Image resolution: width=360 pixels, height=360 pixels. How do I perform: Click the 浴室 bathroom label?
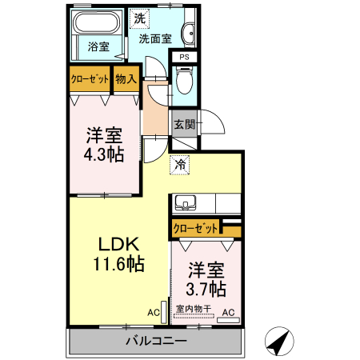click(x=98, y=47)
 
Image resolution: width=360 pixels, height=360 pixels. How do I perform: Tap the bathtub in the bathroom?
click(x=97, y=23)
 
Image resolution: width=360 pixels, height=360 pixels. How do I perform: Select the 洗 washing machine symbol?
click(x=140, y=18)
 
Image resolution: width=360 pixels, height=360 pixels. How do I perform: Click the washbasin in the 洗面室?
click(x=190, y=33)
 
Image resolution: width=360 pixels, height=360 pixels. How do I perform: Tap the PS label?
click(x=184, y=57)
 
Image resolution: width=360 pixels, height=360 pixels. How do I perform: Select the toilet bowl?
click(x=184, y=80)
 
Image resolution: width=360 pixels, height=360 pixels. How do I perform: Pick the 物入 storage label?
click(x=126, y=78)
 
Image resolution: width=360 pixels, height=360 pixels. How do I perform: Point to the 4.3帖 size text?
click(x=104, y=154)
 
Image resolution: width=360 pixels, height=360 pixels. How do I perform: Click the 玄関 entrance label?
click(x=184, y=124)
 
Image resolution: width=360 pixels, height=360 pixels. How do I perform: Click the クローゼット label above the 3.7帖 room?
click(x=196, y=229)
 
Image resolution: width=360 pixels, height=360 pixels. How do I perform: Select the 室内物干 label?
click(x=193, y=309)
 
